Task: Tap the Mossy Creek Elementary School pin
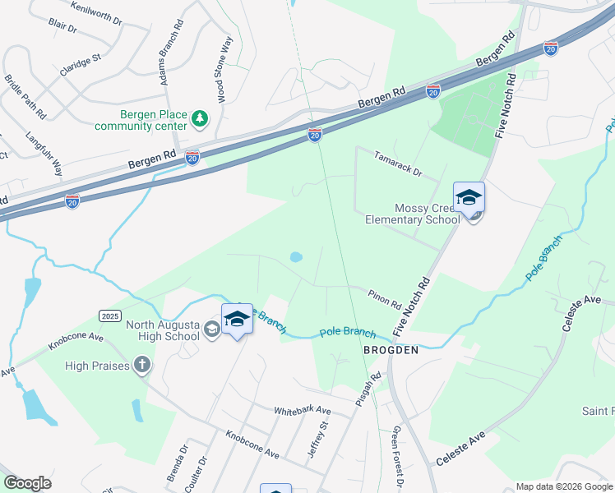tap(469, 200)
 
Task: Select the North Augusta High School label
tap(163, 330)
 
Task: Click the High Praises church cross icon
tap(142, 365)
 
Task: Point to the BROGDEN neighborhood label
tap(391, 350)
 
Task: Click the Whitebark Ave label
tap(302, 410)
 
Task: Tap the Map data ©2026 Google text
tap(563, 486)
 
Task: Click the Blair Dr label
tap(62, 27)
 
